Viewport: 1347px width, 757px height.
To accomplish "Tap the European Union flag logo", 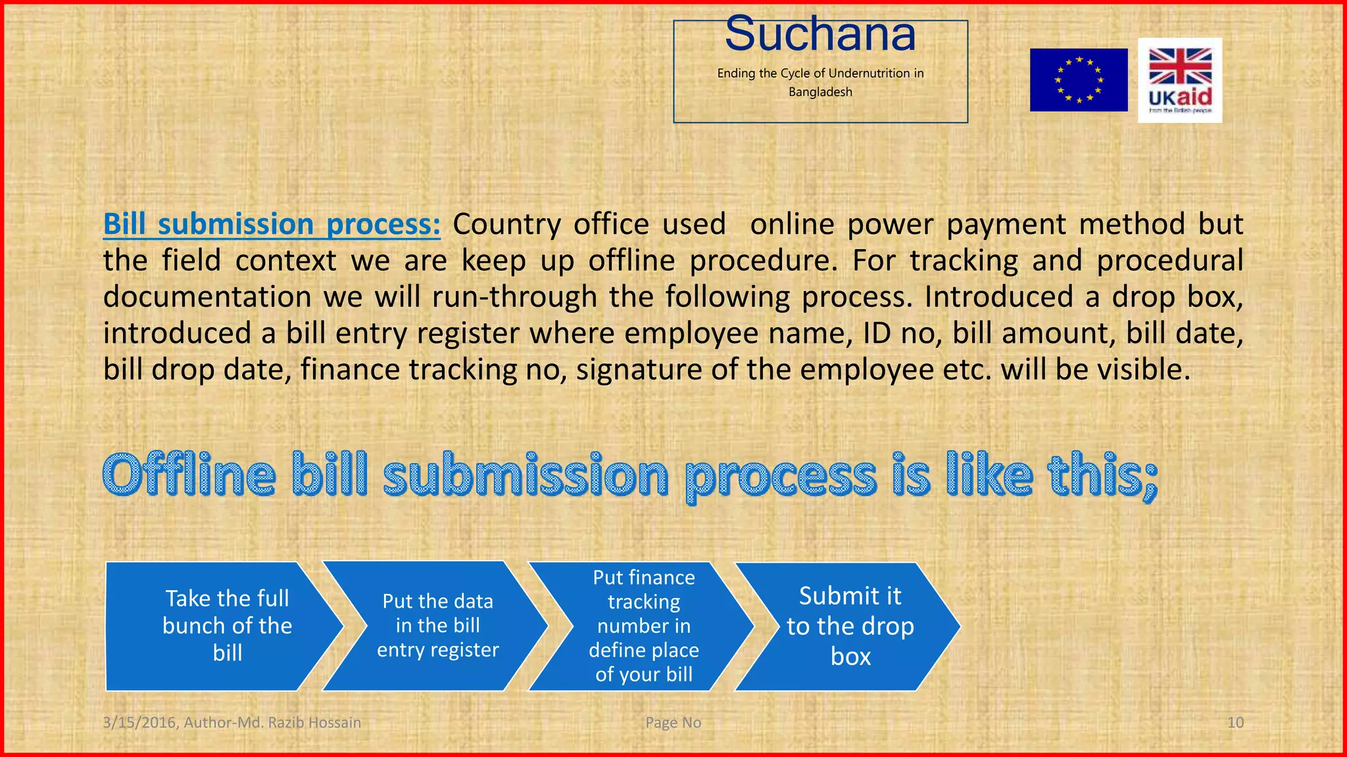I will pyautogui.click(x=1079, y=80).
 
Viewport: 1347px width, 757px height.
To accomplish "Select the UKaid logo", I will pyautogui.click(x=1180, y=80).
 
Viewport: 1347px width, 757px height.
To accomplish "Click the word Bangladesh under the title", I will pyautogui.click(x=820, y=92).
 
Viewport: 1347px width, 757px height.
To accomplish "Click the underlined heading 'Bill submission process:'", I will pyautogui.click(x=272, y=224).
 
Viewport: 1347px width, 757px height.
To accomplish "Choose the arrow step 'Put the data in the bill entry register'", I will pyautogui.click(x=437, y=626).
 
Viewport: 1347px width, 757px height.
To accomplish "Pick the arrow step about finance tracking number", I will pyautogui.click(x=643, y=626).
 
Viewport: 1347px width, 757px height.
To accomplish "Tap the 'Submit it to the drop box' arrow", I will pyautogui.click(x=850, y=626).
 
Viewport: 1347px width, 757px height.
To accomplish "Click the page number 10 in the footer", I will pyautogui.click(x=1235, y=723).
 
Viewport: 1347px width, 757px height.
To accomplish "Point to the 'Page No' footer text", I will pyautogui.click(x=673, y=723).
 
